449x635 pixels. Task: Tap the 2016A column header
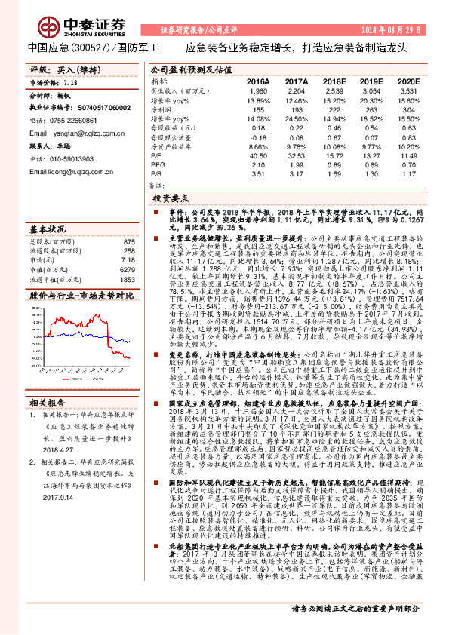(x=258, y=81)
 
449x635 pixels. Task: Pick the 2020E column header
(x=407, y=81)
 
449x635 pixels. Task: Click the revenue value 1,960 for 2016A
(x=258, y=90)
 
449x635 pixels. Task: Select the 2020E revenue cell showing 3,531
(x=407, y=90)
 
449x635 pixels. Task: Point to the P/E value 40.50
(x=258, y=154)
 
